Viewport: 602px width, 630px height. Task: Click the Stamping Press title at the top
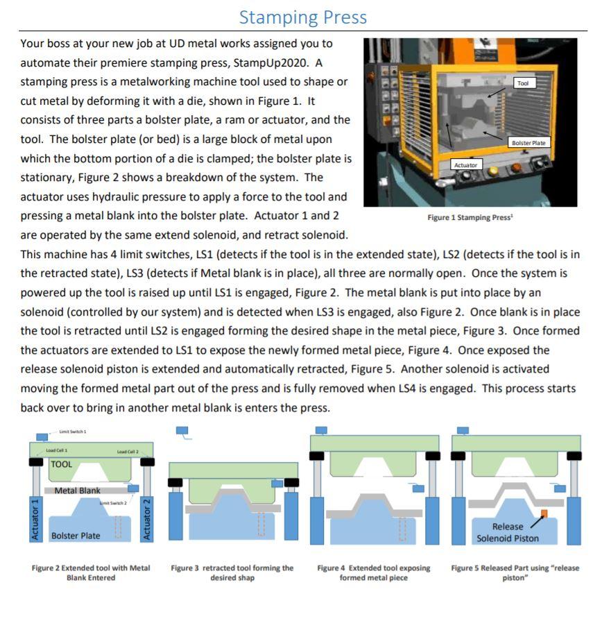302,17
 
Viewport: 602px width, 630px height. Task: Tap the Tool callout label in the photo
523,83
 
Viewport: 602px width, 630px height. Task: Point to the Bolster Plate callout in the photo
528,142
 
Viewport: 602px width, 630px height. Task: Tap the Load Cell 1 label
57,450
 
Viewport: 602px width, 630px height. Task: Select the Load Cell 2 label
128,452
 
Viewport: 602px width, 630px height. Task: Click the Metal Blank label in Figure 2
77,491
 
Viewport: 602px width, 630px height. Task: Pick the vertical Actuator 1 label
35,518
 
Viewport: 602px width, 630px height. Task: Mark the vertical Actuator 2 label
147,518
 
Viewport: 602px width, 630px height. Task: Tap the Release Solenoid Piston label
507,532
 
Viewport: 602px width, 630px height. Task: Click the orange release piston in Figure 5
544,513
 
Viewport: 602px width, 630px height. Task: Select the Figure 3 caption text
232,572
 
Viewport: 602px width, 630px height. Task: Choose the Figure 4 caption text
373,572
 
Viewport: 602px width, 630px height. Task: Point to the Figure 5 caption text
515,572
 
